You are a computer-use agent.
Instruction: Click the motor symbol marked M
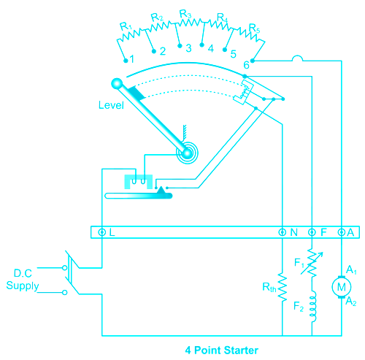(x=342, y=287)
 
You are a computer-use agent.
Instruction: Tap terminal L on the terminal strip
(x=102, y=232)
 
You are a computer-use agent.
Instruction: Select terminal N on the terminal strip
(x=283, y=232)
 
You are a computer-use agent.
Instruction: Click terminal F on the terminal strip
(x=312, y=232)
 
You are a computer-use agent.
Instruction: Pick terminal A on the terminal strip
(x=342, y=232)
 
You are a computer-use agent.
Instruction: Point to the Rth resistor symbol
(x=283, y=287)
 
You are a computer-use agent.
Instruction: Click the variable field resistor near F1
(x=312, y=263)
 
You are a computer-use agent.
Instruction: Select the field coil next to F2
(x=313, y=306)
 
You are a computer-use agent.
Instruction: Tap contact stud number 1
(x=126, y=61)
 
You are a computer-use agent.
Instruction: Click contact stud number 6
(x=253, y=61)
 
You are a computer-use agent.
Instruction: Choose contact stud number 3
(x=180, y=46)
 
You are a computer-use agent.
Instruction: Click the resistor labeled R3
(x=189, y=23)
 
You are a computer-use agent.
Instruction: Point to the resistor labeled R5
(x=250, y=36)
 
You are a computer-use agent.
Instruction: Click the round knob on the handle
(x=117, y=84)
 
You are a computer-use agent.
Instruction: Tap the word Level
(x=111, y=105)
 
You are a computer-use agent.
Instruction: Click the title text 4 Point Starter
(x=221, y=351)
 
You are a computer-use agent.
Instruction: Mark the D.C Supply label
(x=23, y=280)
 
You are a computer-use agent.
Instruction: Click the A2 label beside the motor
(x=351, y=302)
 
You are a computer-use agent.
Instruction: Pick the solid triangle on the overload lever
(x=161, y=191)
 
